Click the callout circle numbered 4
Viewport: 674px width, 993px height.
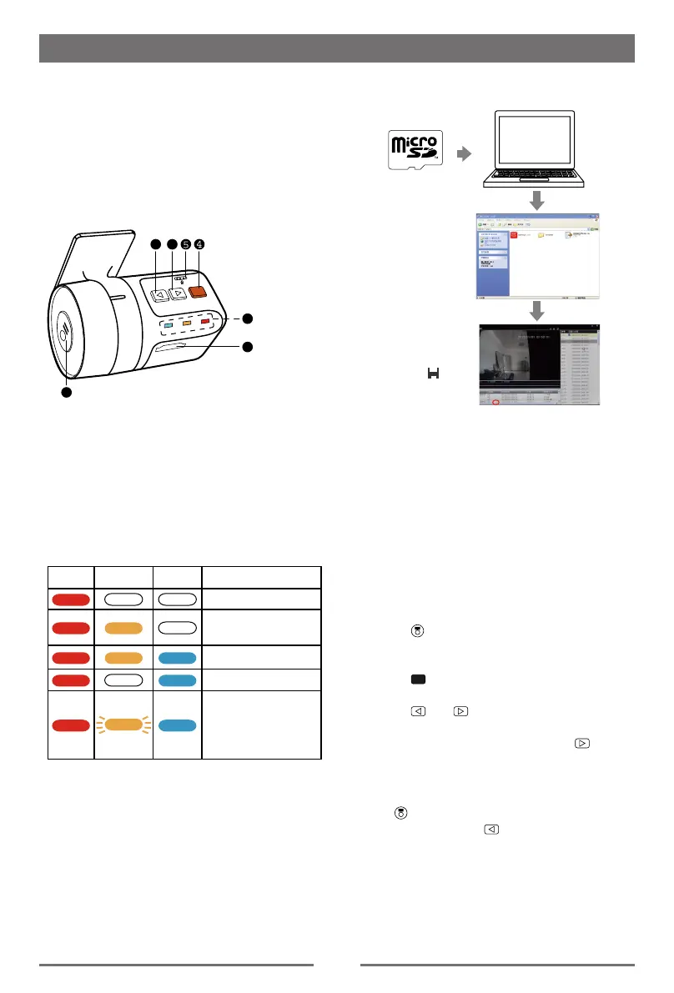(x=199, y=244)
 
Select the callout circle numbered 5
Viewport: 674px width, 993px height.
(x=185, y=244)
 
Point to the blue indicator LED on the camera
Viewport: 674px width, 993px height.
(x=168, y=324)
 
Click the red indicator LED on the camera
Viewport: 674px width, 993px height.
(x=205, y=320)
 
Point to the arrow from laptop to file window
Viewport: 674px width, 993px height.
(x=537, y=201)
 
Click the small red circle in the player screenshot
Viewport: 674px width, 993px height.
(x=496, y=402)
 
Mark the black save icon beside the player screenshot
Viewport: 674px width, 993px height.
(x=433, y=375)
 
